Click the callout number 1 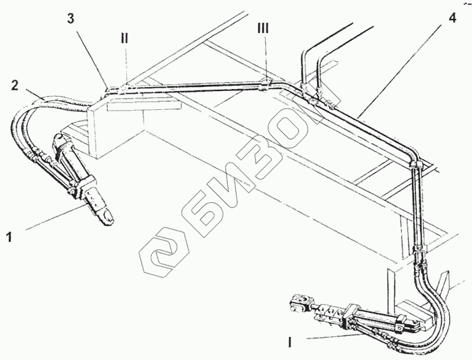pyautogui.click(x=9, y=237)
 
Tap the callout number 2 pyautogui.click(x=14, y=85)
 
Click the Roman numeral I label pyautogui.click(x=290, y=342)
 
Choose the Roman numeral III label pyautogui.click(x=263, y=29)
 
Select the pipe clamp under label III pyautogui.click(x=266, y=84)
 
